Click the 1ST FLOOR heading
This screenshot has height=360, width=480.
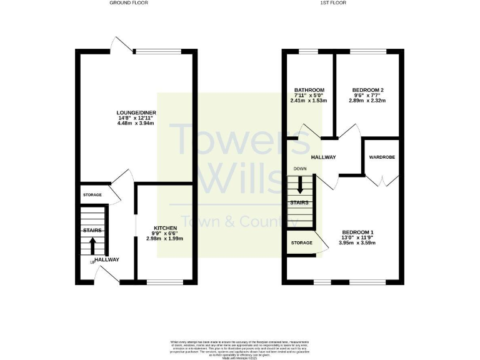pyautogui.click(x=333, y=3)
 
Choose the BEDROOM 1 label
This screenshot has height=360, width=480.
pyautogui.click(x=356, y=232)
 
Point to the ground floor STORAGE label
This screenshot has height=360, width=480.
pyautogui.click(x=92, y=195)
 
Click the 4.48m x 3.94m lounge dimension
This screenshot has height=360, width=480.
pyautogui.click(x=135, y=123)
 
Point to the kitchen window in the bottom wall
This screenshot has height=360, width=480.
pyautogui.click(x=166, y=282)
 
